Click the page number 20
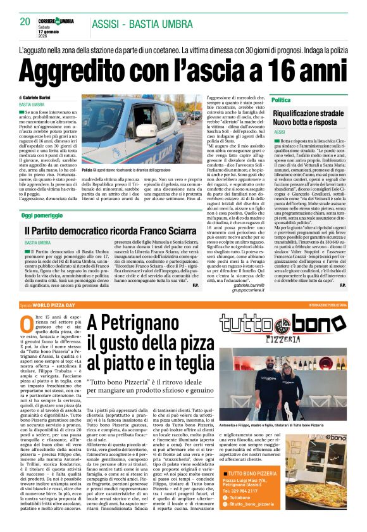(25, 22)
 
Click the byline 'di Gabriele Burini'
(39, 98)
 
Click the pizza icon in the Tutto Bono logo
(279, 326)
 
